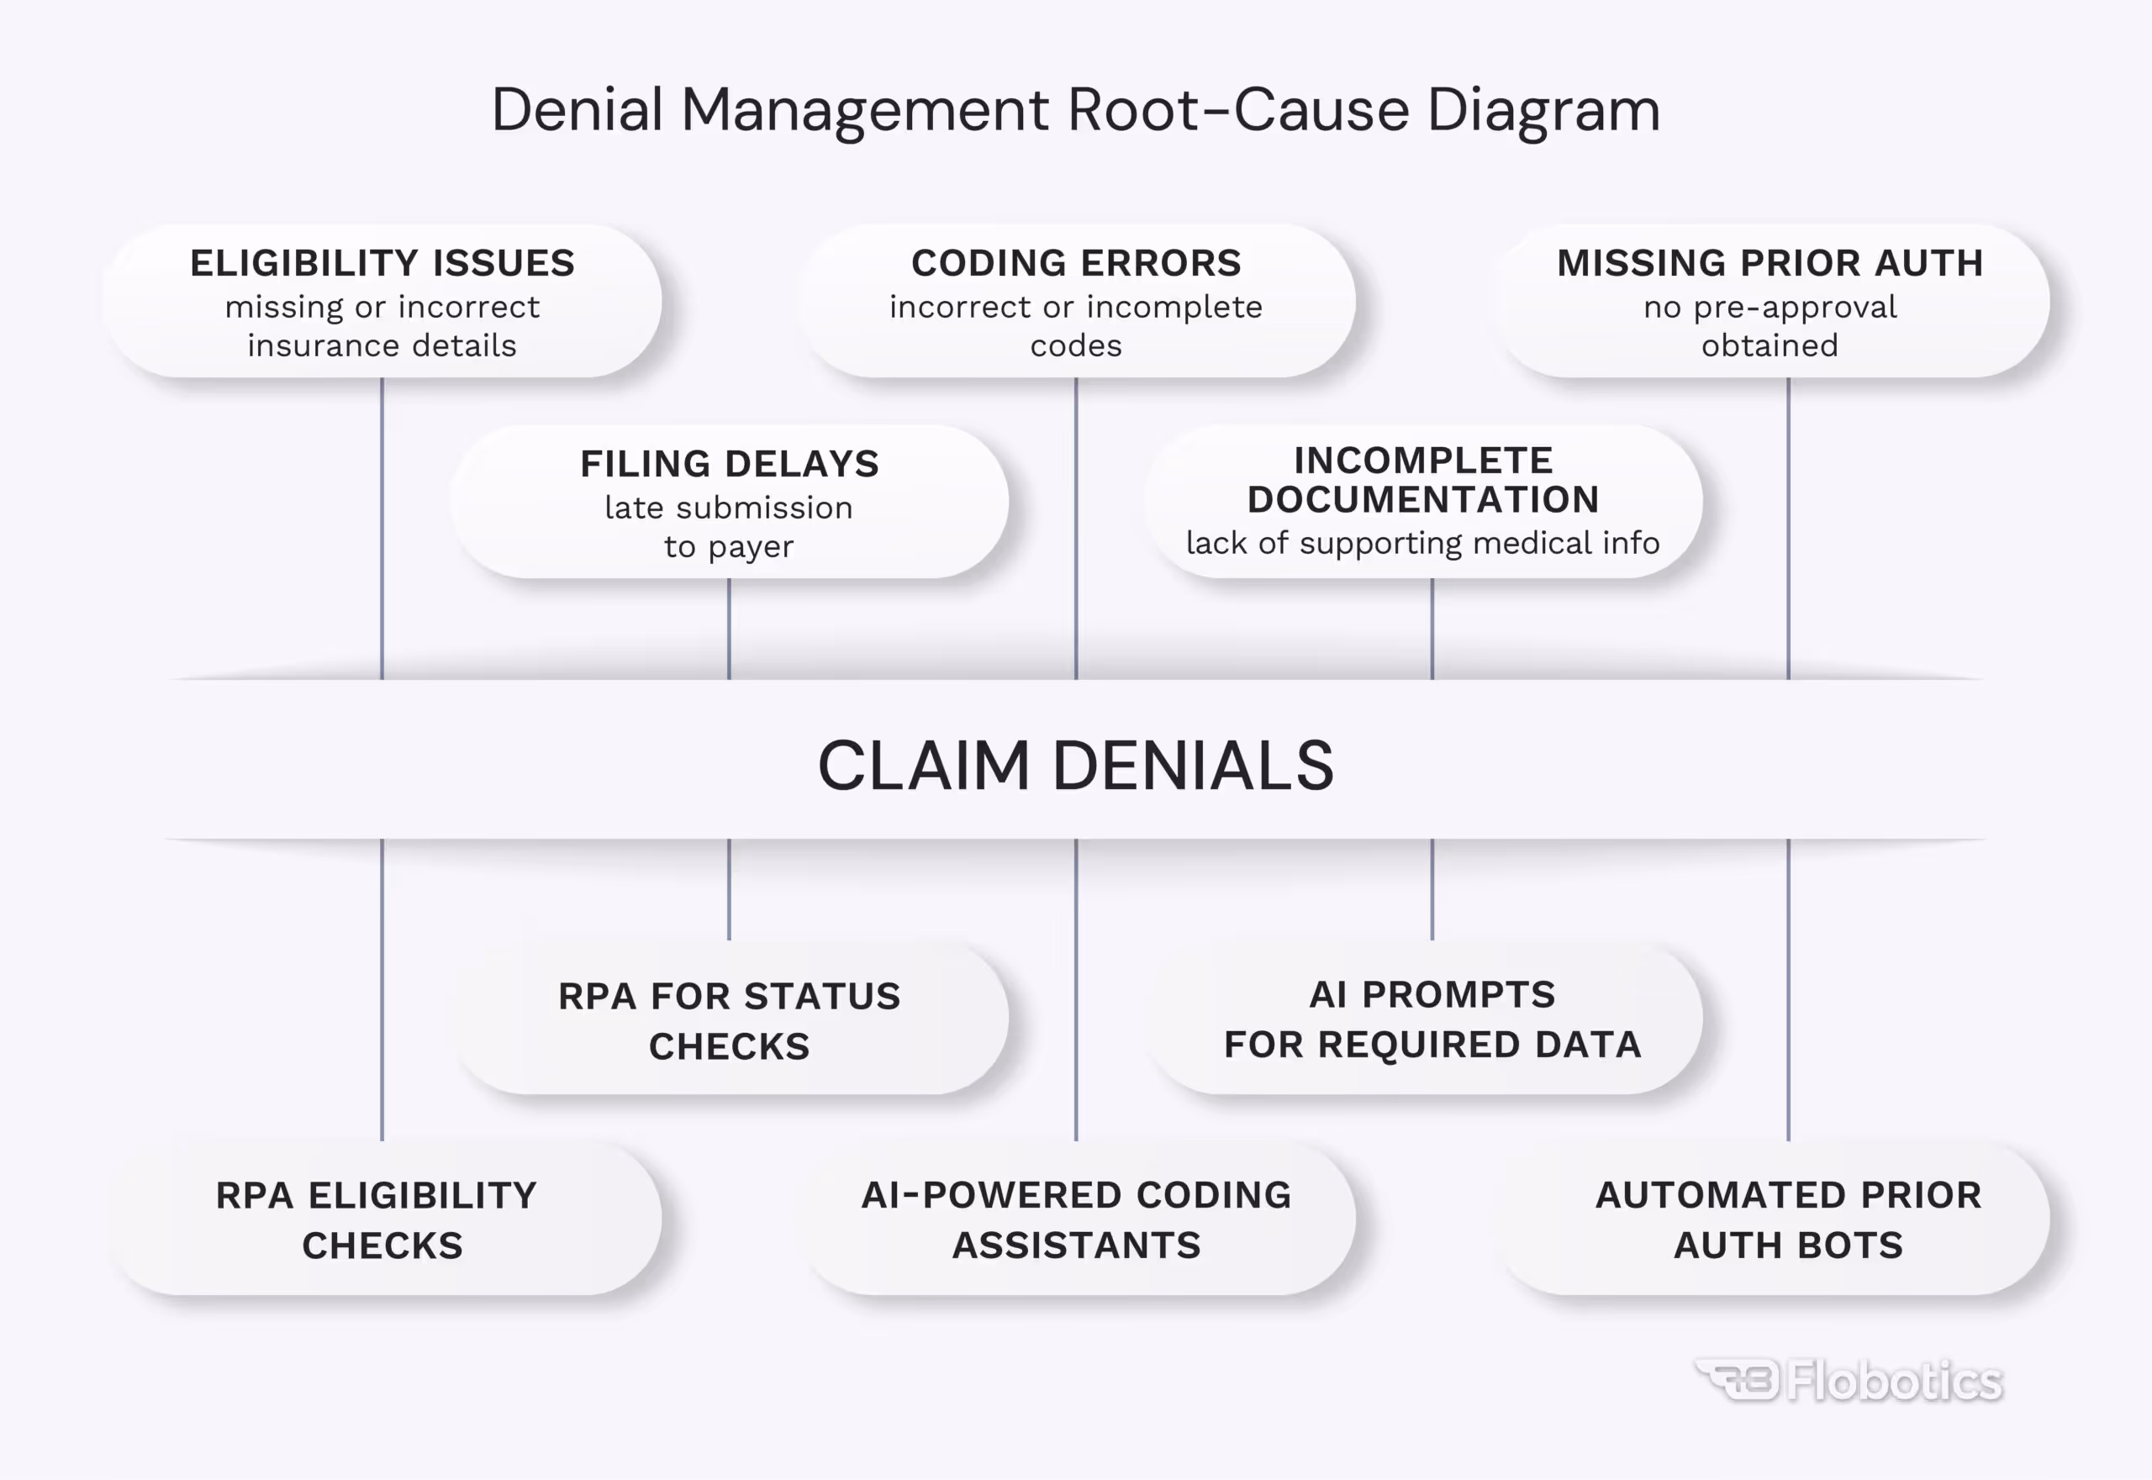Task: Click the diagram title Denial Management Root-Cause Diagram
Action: click(1075, 110)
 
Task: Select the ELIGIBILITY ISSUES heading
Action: click(382, 263)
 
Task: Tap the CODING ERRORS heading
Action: click(1076, 263)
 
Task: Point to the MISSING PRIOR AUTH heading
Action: click(1770, 263)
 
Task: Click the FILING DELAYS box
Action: click(729, 502)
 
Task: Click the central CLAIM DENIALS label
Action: click(1075, 766)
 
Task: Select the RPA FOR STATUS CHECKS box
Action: click(729, 1021)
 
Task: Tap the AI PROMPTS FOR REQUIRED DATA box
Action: click(1432, 1019)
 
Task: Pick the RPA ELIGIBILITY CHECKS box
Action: click(382, 1220)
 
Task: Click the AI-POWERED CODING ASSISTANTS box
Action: click(1076, 1220)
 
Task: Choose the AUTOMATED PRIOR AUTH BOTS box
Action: click(1787, 1220)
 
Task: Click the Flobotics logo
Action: click(1849, 1382)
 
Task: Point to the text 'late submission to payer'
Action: click(729, 527)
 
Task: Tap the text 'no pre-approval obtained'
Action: click(1770, 326)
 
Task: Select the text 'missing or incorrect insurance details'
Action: click(382, 326)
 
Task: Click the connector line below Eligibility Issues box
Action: click(382, 529)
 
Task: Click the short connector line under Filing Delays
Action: click(729, 629)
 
